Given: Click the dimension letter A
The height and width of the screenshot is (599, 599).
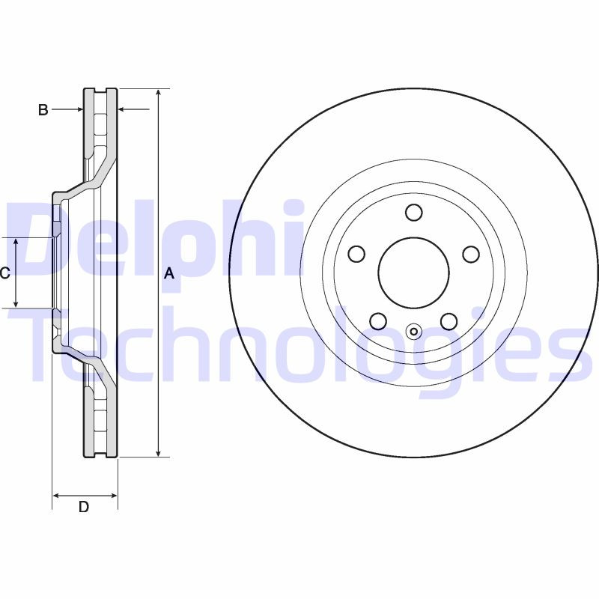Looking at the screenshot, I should click(x=169, y=273).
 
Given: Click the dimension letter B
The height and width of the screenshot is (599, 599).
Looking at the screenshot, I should click(x=43, y=110).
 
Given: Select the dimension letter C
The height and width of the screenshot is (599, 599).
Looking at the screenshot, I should click(x=4, y=273).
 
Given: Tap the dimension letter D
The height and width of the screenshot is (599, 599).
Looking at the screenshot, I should click(x=84, y=507).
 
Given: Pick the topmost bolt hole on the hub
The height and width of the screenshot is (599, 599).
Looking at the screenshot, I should click(x=414, y=213).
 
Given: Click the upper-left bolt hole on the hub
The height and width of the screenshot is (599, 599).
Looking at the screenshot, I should click(x=357, y=254).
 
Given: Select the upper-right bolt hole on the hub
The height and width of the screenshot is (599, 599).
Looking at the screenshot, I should click(x=471, y=254).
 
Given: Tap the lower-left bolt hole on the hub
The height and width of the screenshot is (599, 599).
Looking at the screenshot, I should click(x=378, y=321).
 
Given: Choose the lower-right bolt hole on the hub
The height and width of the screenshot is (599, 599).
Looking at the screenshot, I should click(x=449, y=321).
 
